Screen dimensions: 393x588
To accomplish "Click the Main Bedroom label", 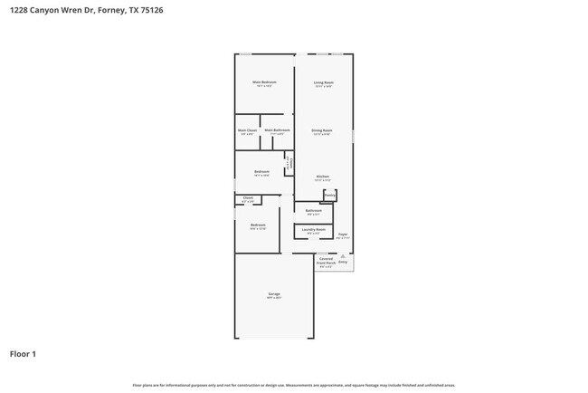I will (264, 82).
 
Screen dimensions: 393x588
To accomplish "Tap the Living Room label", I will (323, 82).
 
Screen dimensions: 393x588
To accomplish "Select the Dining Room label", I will (322, 130).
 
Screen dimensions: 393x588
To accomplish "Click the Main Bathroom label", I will (277, 130).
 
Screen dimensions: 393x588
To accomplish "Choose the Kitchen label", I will (322, 177).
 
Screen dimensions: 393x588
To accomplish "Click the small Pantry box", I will (330, 195).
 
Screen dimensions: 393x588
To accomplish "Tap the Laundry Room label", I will (315, 230).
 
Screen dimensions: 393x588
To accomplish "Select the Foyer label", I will (343, 235).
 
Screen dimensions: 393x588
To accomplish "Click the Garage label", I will (273, 294).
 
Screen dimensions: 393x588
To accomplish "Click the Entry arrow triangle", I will (343, 256).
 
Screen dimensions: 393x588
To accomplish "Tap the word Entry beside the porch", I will (343, 263).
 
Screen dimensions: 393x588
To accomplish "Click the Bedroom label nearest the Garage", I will (258, 225).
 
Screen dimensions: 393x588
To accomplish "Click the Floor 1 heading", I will (23, 354).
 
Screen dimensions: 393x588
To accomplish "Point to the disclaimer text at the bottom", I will (294, 385).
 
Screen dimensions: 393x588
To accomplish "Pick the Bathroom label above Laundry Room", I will (313, 211).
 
